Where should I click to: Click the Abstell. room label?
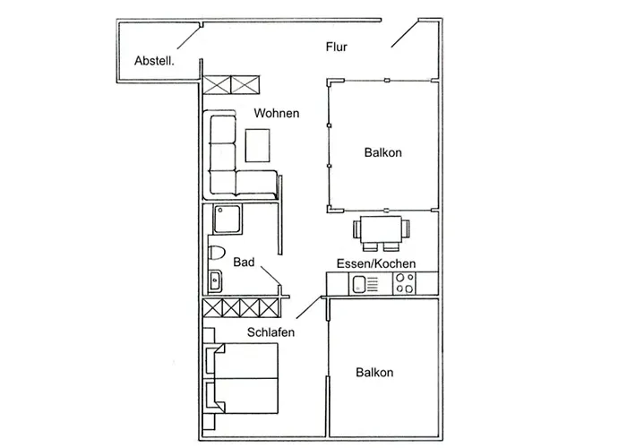click(154, 61)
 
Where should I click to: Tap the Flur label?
click(336, 47)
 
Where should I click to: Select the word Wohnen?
click(276, 114)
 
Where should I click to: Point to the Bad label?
click(244, 263)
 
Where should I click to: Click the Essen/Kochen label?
click(375, 263)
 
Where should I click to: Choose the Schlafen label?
click(265, 332)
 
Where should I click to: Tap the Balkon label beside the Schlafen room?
click(374, 372)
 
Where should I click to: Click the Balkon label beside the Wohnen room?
click(382, 152)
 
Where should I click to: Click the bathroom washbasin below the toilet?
click(215, 281)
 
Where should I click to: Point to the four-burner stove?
click(404, 285)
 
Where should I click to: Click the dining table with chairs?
click(382, 230)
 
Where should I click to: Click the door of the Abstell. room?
click(189, 35)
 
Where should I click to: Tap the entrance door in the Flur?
click(404, 34)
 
